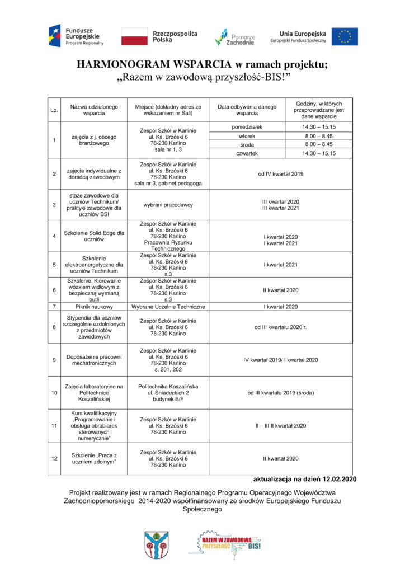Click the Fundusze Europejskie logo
pyautogui.click(x=76, y=36)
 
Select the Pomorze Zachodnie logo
pyautogui.click(x=235, y=36)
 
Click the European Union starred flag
pyautogui.click(x=344, y=36)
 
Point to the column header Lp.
pyautogui.click(x=54, y=110)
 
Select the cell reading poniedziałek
pyautogui.click(x=247, y=127)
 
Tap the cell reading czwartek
pyautogui.click(x=247, y=153)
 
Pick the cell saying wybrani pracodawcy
pyautogui.click(x=168, y=204)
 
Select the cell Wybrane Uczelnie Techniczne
pyautogui.click(x=168, y=307)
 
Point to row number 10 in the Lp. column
pyautogui.click(x=54, y=393)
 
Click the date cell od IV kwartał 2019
pyautogui.click(x=280, y=174)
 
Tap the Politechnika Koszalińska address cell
pyautogui.click(x=168, y=393)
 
